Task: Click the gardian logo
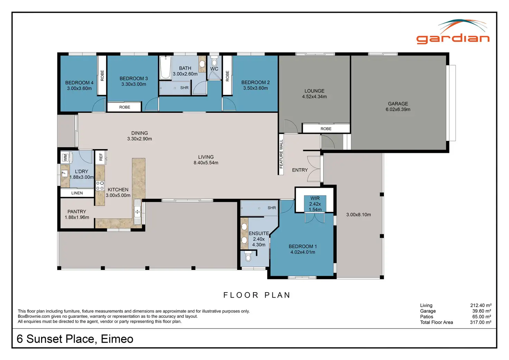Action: (x=453, y=31)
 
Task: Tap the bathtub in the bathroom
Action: (x=165, y=68)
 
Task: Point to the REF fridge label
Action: (x=101, y=157)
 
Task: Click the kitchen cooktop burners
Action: (x=100, y=185)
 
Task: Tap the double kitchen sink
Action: (x=137, y=212)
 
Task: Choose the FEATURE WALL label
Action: (x=281, y=154)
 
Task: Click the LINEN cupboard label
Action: (x=77, y=193)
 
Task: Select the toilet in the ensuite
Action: (x=248, y=256)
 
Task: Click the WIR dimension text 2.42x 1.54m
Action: (x=315, y=206)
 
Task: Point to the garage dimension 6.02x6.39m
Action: (x=398, y=109)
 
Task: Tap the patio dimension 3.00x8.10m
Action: (x=358, y=214)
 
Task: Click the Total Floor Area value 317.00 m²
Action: (x=481, y=322)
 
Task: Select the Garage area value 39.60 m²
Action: (x=482, y=311)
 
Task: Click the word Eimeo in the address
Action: (x=117, y=339)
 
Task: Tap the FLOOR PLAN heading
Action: (x=257, y=295)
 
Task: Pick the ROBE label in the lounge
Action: (x=326, y=129)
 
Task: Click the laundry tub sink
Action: (x=65, y=173)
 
